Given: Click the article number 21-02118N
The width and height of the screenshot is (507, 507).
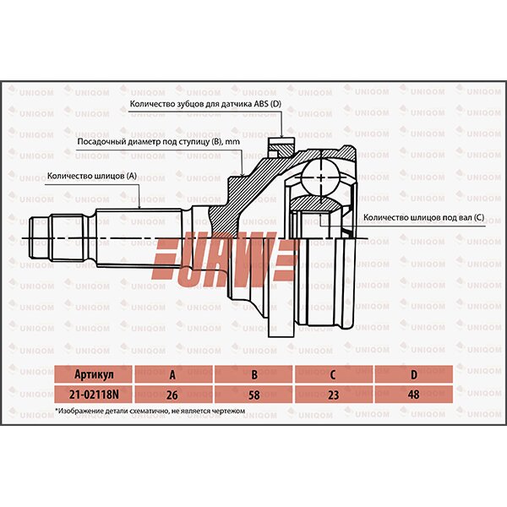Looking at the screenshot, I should coord(93,394).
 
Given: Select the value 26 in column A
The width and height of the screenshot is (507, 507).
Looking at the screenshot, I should coord(173,394).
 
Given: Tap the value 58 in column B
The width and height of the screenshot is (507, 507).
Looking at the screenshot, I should coord(254,394).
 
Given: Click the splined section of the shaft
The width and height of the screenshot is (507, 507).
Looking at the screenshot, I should coord(135,237).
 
